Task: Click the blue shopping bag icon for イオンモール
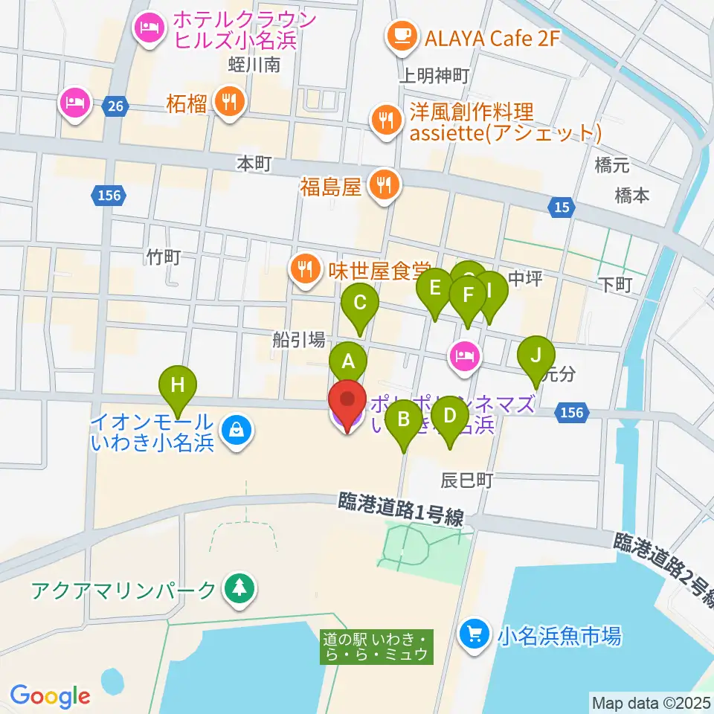pyautogui.click(x=236, y=431)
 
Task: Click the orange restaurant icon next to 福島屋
pyautogui.click(x=384, y=186)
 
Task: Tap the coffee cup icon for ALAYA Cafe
pyautogui.click(x=402, y=35)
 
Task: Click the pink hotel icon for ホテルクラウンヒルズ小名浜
pyautogui.click(x=149, y=30)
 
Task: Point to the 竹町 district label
pyautogui.click(x=164, y=257)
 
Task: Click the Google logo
pyautogui.click(x=50, y=695)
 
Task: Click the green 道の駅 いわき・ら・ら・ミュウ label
pyautogui.click(x=376, y=646)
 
